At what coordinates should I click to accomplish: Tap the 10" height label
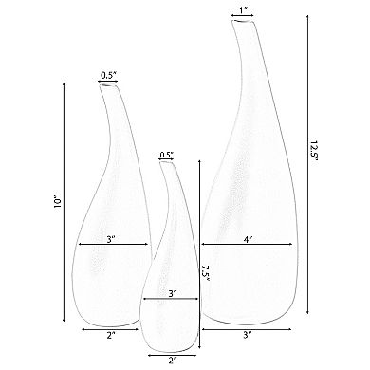(x=58, y=201)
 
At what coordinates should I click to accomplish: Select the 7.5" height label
(x=205, y=273)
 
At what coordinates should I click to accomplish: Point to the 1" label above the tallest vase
(x=244, y=10)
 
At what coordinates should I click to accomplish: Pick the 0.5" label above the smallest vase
(x=167, y=154)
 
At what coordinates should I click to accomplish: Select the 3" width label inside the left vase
(x=111, y=239)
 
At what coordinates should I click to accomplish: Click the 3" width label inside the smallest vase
(x=171, y=294)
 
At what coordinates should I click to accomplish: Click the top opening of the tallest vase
(x=244, y=23)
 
